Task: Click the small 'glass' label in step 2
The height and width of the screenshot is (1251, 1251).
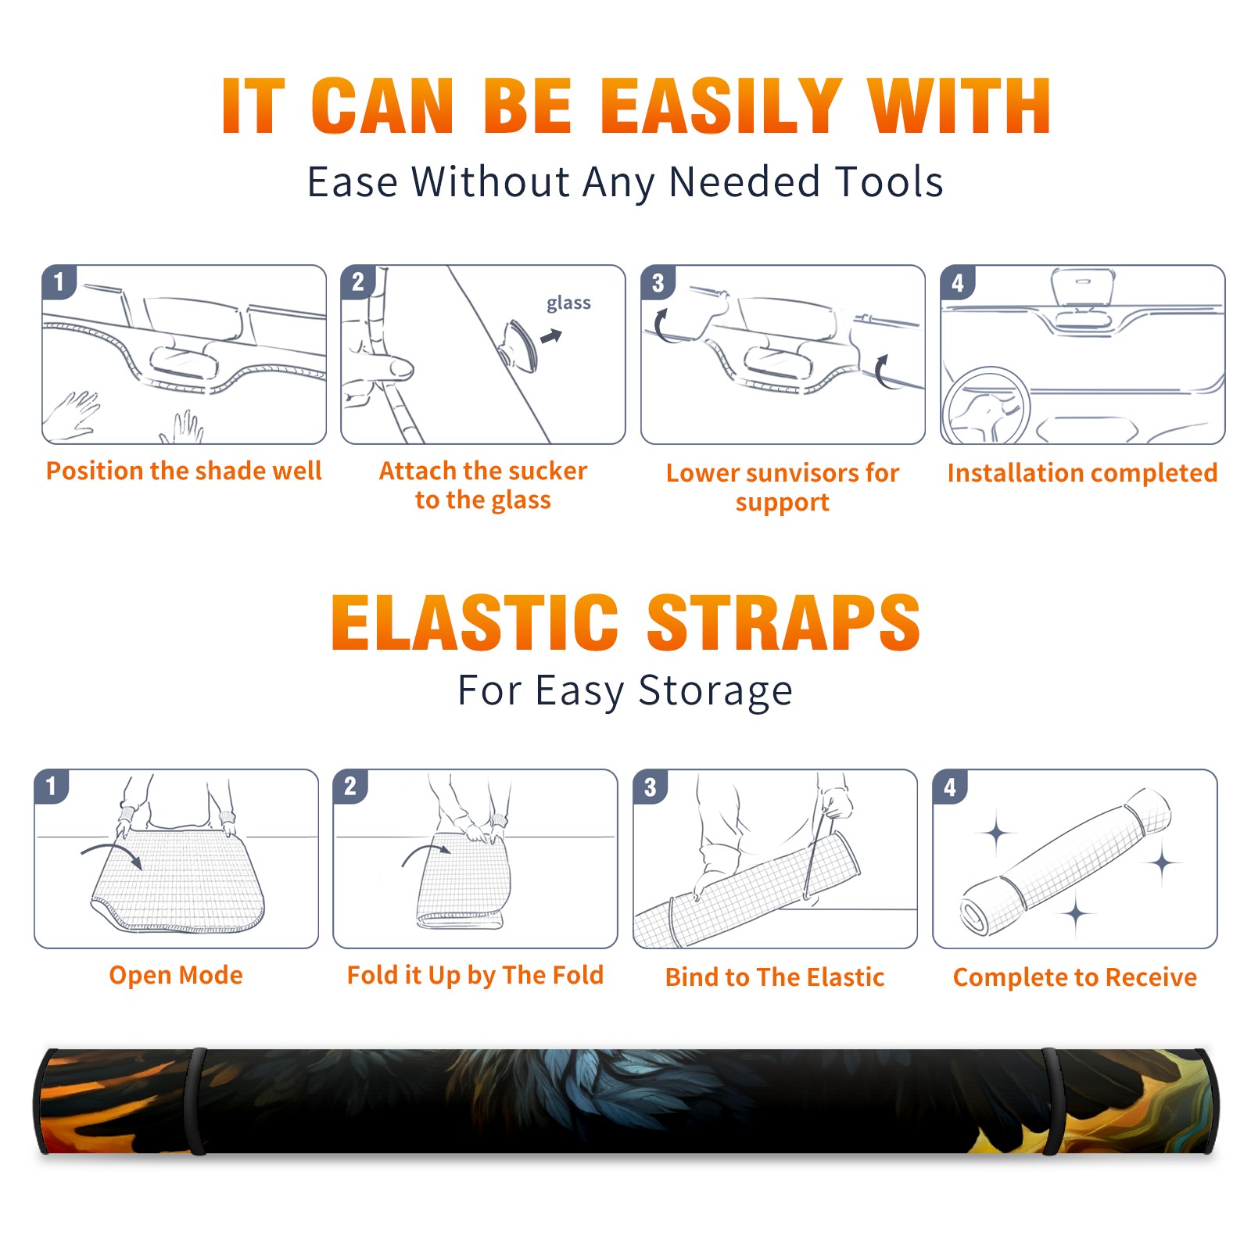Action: tap(568, 303)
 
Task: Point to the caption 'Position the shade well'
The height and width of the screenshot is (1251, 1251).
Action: tap(184, 471)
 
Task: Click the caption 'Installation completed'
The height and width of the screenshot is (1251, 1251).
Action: tap(1082, 472)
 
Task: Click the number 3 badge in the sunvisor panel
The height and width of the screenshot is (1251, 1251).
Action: tap(658, 282)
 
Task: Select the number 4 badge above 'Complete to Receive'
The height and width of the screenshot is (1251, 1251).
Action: tap(950, 787)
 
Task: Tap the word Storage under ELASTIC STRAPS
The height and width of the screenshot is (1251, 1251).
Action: tap(715, 691)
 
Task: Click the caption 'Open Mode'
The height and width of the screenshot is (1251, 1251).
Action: tap(176, 975)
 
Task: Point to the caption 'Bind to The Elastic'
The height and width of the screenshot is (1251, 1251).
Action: tap(775, 977)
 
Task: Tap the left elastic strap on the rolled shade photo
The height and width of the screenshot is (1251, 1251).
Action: tap(197, 1102)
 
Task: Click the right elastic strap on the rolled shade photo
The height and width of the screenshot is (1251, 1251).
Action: tap(1052, 1102)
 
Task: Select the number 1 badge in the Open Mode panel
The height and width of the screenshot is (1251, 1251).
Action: tap(52, 786)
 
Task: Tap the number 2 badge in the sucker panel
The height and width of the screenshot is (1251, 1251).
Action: tap(357, 281)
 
